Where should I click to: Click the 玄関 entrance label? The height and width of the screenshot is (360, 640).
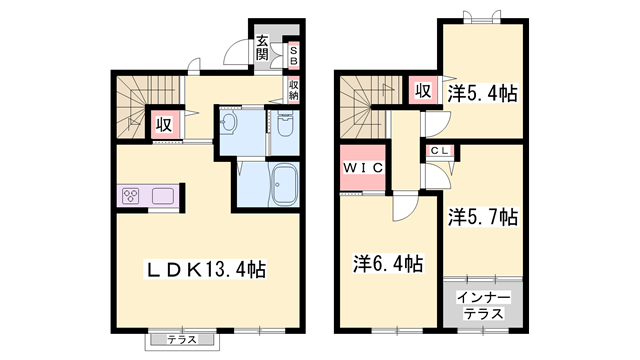pyautogui.click(x=261, y=48)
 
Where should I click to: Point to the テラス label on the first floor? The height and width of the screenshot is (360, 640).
pyautogui.click(x=181, y=340)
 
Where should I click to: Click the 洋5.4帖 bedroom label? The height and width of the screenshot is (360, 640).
pyautogui.click(x=482, y=93)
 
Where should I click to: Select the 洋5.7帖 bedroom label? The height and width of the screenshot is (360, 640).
pyautogui.click(x=482, y=216)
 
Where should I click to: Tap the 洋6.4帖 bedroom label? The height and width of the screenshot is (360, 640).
pyautogui.click(x=388, y=264)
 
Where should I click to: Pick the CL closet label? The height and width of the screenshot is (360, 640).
pyautogui.click(x=440, y=150)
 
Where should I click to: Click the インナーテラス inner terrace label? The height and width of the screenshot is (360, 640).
pyautogui.click(x=483, y=306)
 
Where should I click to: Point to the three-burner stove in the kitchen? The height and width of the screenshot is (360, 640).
pyautogui.click(x=132, y=196)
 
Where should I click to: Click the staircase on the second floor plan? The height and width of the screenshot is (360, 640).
pyautogui.click(x=360, y=107)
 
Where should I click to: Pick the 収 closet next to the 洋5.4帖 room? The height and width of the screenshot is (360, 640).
pyautogui.click(x=423, y=92)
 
